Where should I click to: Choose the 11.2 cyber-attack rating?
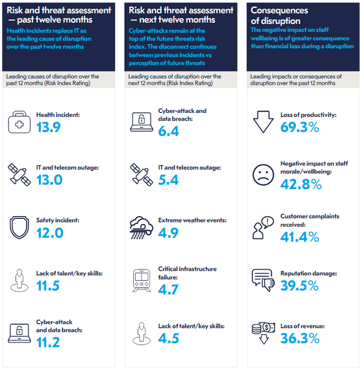48,343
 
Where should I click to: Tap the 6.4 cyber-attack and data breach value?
169,131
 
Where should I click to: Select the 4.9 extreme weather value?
169,233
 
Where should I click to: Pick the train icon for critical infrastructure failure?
142,279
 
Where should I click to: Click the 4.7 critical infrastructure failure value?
169,290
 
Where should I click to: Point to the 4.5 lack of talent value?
169,338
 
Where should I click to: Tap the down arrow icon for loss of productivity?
263,121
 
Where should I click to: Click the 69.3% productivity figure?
300,127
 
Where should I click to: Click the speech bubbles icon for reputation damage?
263,279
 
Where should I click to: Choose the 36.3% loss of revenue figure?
299,339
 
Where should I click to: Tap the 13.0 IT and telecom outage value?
49,180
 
